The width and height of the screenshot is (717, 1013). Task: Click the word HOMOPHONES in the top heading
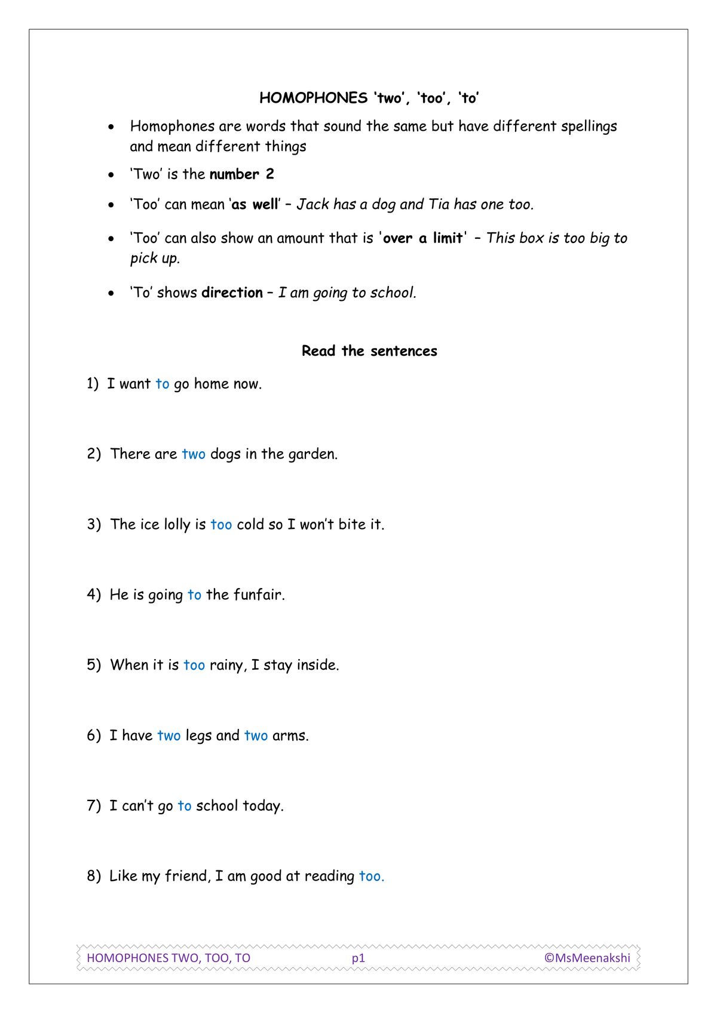tap(313, 98)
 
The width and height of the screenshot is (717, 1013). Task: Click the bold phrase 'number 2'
tap(241, 174)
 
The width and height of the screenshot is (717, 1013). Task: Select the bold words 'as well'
tap(255, 205)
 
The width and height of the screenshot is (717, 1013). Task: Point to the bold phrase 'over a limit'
tap(422, 238)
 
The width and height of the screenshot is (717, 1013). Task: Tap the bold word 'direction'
tap(232, 292)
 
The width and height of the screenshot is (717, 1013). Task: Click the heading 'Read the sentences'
tap(369, 351)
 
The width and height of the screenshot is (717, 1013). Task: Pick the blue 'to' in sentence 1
tap(163, 384)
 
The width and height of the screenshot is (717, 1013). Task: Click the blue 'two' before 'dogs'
tap(194, 454)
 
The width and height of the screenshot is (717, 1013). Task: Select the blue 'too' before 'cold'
tap(221, 525)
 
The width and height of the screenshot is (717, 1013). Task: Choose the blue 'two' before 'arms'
tap(256, 735)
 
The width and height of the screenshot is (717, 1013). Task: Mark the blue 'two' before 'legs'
tap(168, 735)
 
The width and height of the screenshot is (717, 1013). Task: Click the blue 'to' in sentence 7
tap(185, 806)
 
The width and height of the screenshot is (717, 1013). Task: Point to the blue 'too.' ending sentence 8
tap(371, 876)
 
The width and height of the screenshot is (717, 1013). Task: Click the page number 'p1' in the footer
tap(358, 958)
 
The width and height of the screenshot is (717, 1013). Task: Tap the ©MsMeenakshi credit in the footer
tap(587, 958)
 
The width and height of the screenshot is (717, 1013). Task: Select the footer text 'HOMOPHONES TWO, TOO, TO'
tap(168, 958)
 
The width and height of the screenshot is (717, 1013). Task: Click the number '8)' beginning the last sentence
tap(94, 876)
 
